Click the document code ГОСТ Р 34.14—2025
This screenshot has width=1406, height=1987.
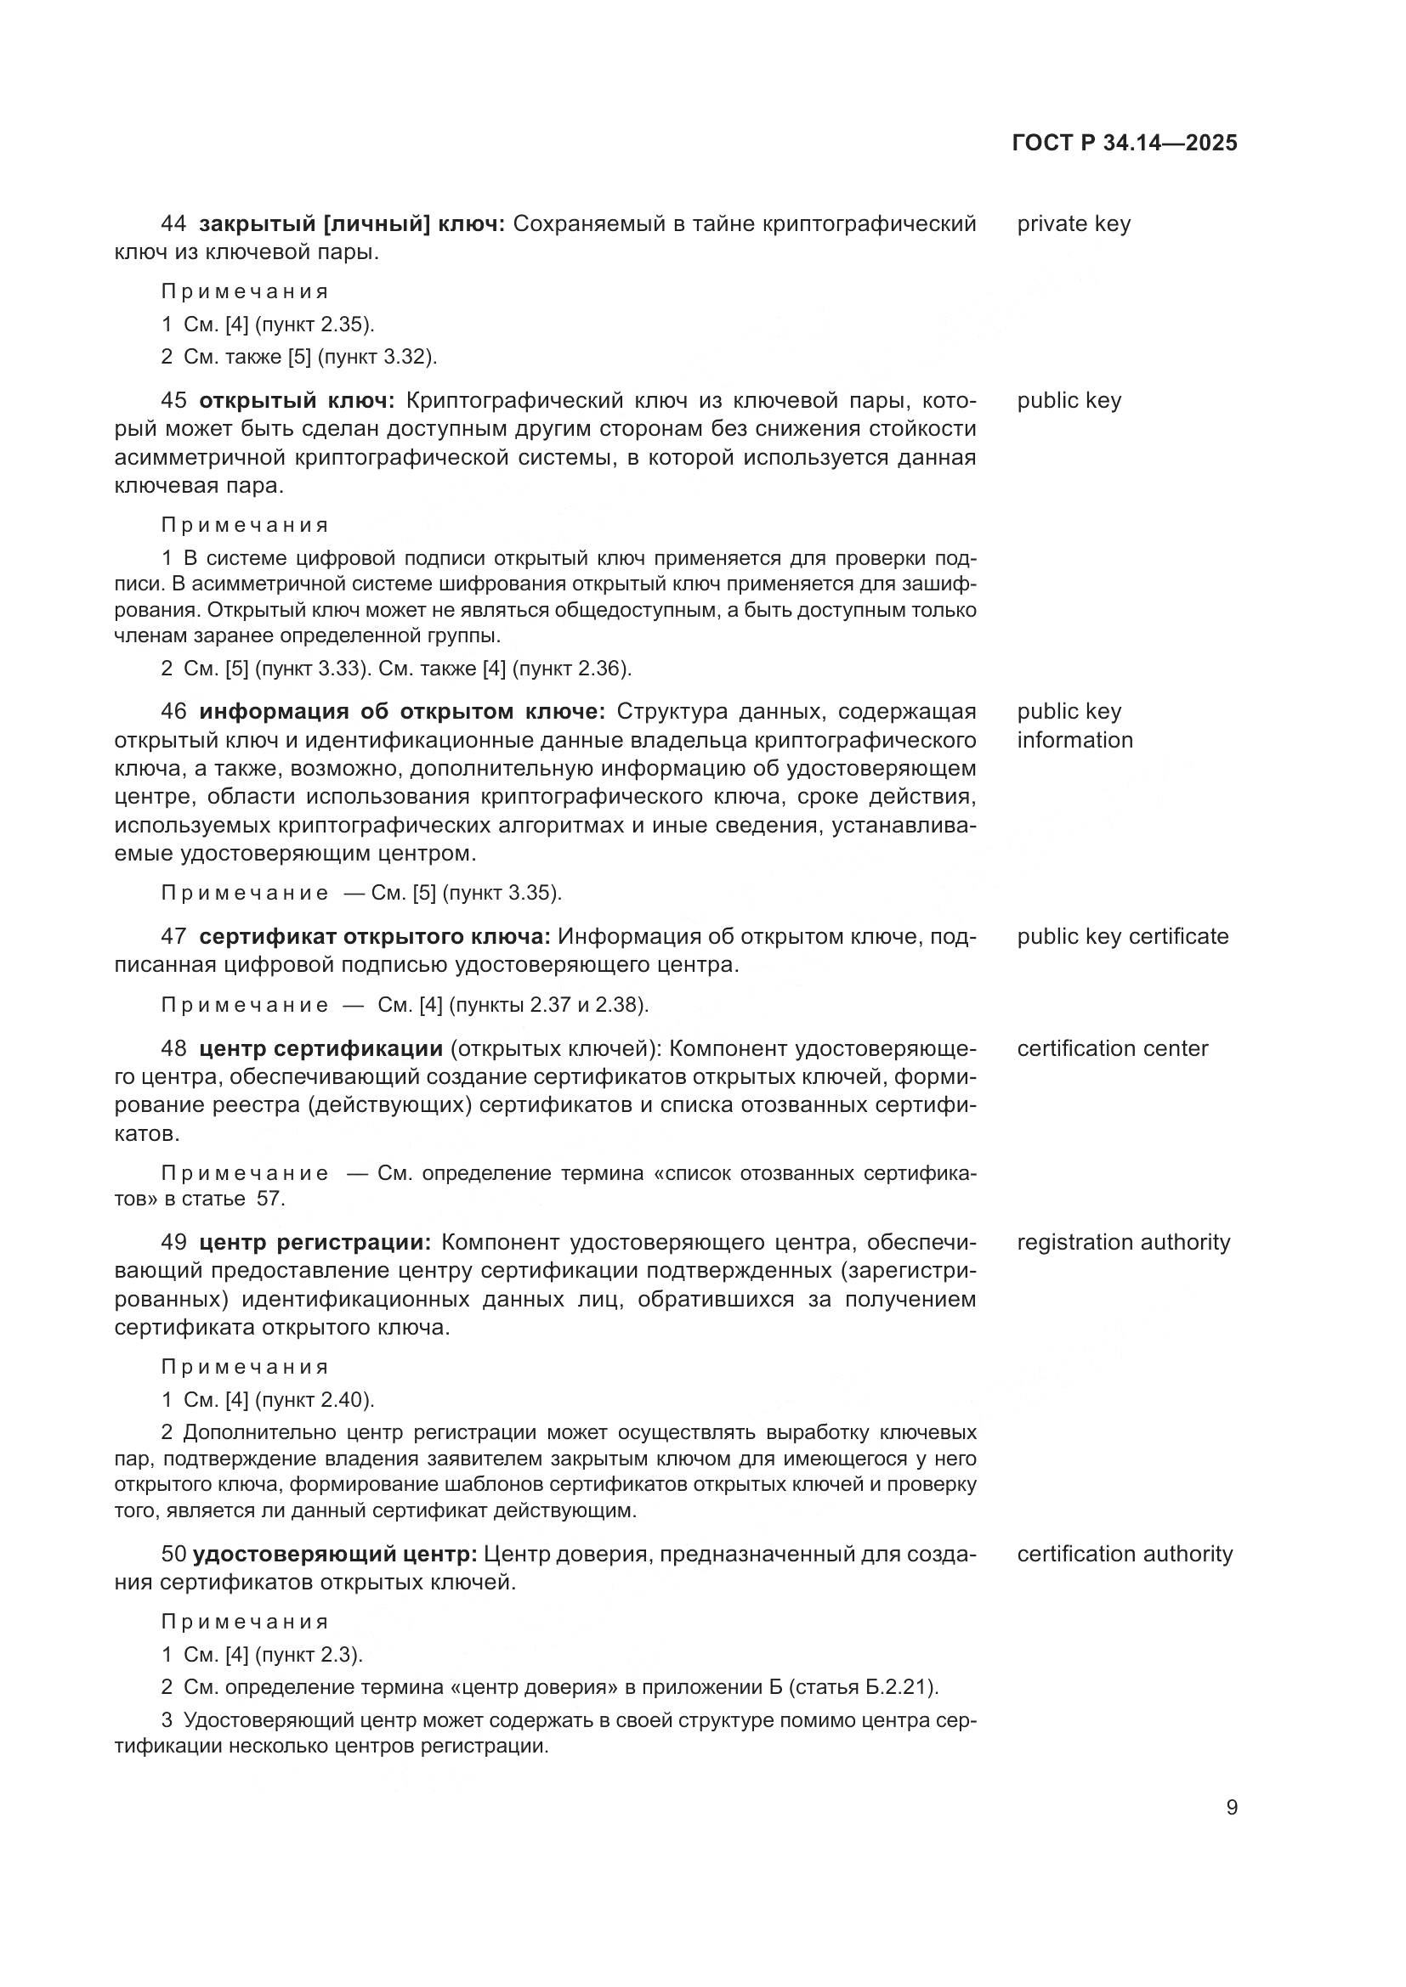point(1124,144)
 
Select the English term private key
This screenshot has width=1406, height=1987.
point(1074,224)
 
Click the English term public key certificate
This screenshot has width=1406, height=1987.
point(1122,936)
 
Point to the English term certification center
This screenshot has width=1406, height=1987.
point(1112,1049)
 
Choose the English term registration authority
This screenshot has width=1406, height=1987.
point(1123,1243)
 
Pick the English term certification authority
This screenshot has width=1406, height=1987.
point(1124,1555)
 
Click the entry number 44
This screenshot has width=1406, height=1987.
point(173,224)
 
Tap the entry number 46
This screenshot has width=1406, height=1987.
point(173,712)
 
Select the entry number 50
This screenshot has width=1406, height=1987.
point(173,1555)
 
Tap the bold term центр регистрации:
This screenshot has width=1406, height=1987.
point(315,1243)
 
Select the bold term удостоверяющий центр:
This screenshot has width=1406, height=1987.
point(335,1555)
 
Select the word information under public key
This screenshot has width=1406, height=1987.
point(1074,741)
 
